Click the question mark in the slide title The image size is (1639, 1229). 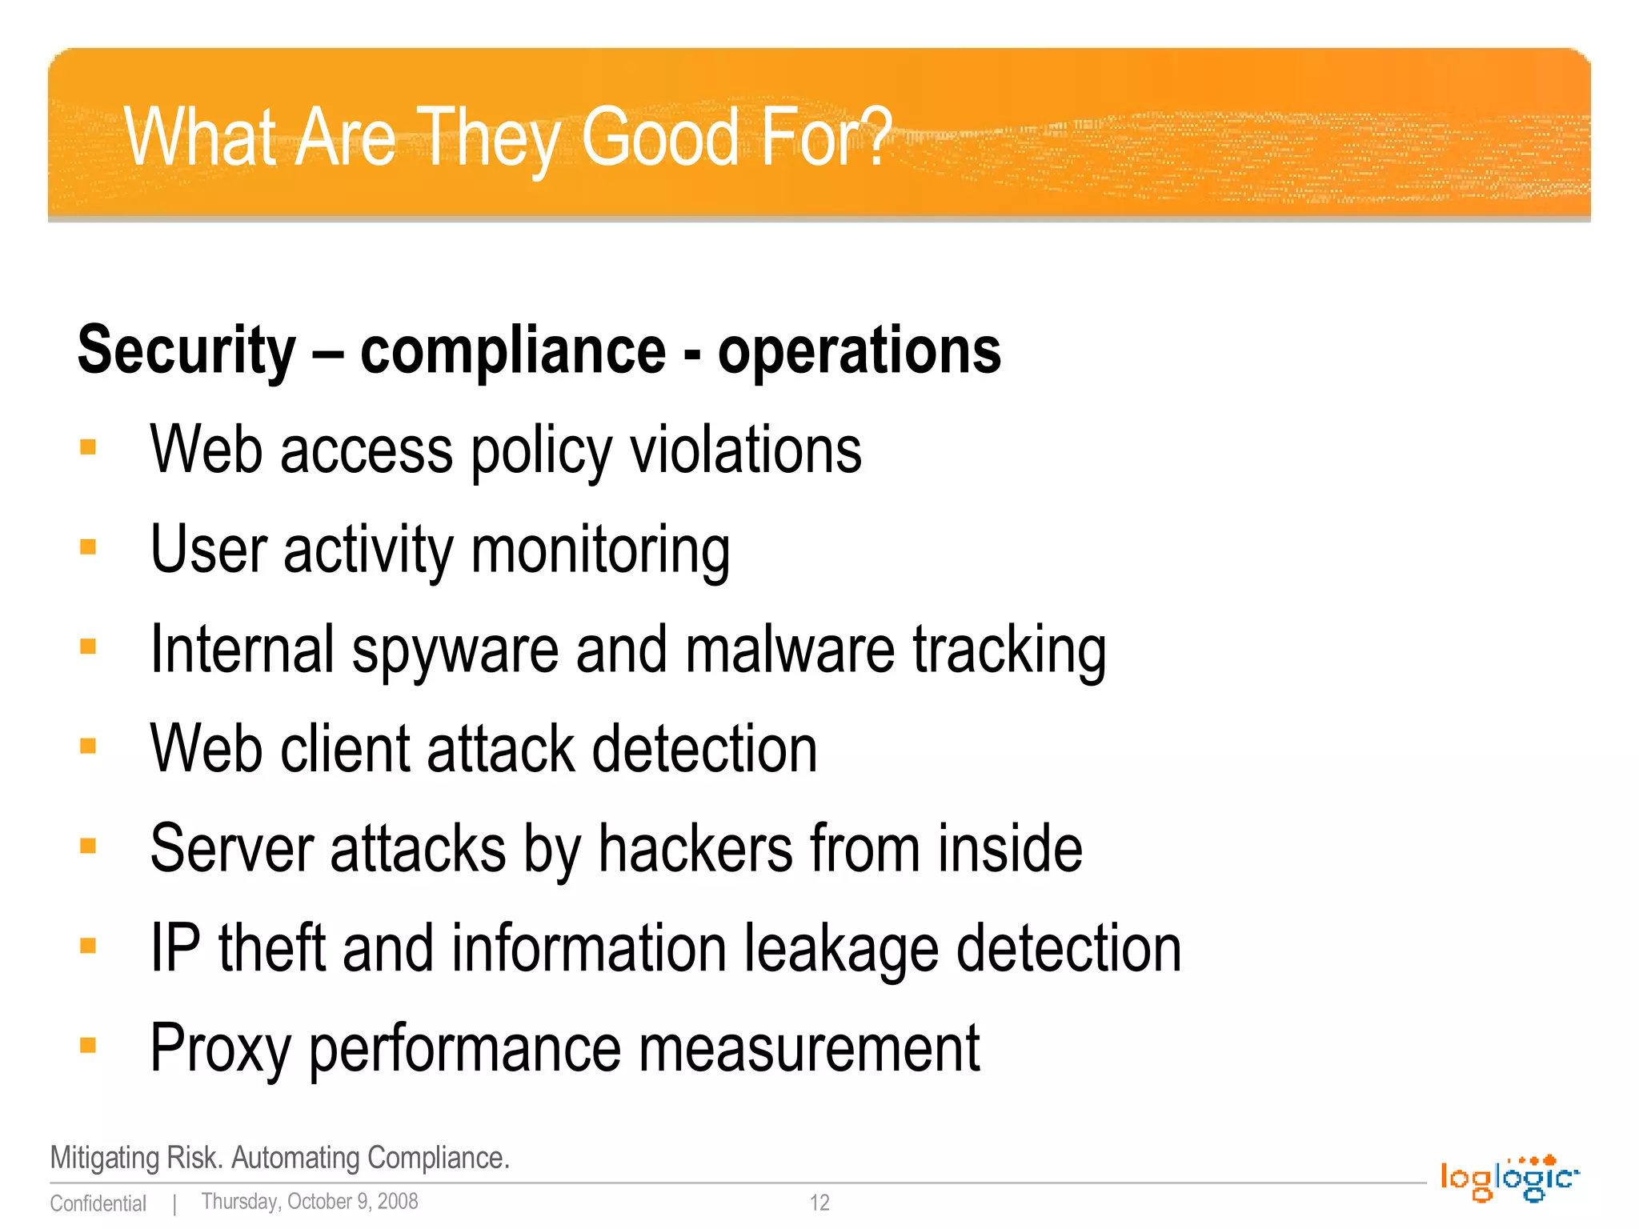tap(871, 136)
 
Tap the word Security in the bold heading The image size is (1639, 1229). tap(186, 350)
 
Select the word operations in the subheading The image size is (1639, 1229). tap(859, 350)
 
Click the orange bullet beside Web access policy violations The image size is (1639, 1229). tap(88, 447)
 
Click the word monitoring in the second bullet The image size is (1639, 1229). tap(600, 550)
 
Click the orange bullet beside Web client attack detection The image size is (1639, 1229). tap(88, 747)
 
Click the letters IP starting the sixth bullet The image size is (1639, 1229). tap(175, 948)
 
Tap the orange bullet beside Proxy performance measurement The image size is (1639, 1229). tap(88, 1046)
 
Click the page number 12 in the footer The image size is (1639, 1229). tap(819, 1203)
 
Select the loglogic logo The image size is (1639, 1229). tap(1509, 1179)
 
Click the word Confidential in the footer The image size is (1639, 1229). tap(98, 1203)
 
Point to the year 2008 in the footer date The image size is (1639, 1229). tap(398, 1202)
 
